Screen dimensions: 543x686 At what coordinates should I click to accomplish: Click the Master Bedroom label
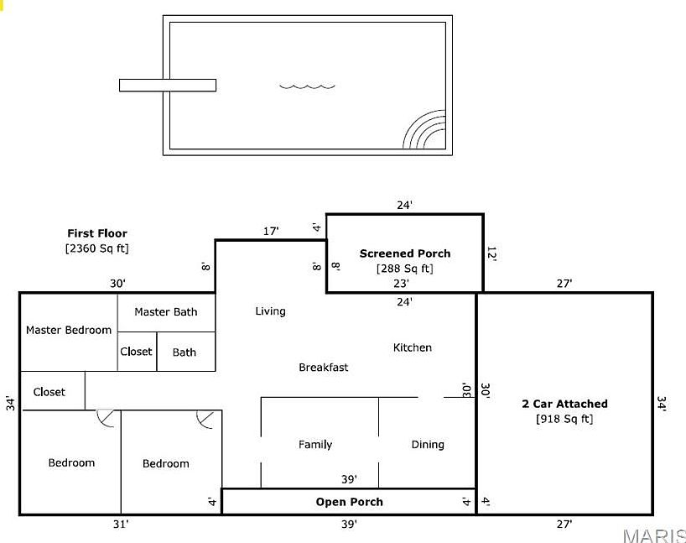[69, 330]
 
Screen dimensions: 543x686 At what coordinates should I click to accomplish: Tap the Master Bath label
[166, 312]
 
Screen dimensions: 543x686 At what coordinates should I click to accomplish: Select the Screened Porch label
[405, 253]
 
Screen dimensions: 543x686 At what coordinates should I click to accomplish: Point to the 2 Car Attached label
[564, 404]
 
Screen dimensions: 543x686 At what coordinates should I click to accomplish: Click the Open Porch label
[349, 502]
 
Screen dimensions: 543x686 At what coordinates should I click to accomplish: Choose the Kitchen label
[413, 347]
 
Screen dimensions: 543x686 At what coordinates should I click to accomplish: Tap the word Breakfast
[324, 368]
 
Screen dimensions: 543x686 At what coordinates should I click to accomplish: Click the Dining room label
[428, 445]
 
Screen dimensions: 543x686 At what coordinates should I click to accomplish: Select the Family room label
[315, 445]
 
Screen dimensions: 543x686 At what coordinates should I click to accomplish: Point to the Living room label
[270, 311]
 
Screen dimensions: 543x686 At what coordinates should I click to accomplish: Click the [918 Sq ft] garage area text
[564, 419]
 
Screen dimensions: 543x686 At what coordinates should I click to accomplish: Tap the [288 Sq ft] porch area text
[405, 269]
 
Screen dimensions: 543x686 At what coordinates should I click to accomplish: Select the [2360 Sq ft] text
[97, 248]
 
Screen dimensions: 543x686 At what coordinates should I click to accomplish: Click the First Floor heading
[97, 233]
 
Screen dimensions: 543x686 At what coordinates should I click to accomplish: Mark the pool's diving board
[168, 85]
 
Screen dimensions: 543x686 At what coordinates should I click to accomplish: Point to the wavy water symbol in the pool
[307, 85]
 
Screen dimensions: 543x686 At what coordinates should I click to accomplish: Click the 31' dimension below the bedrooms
[121, 525]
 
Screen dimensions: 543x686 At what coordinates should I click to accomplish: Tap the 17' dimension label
[271, 231]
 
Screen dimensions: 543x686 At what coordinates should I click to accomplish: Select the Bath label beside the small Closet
[184, 352]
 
